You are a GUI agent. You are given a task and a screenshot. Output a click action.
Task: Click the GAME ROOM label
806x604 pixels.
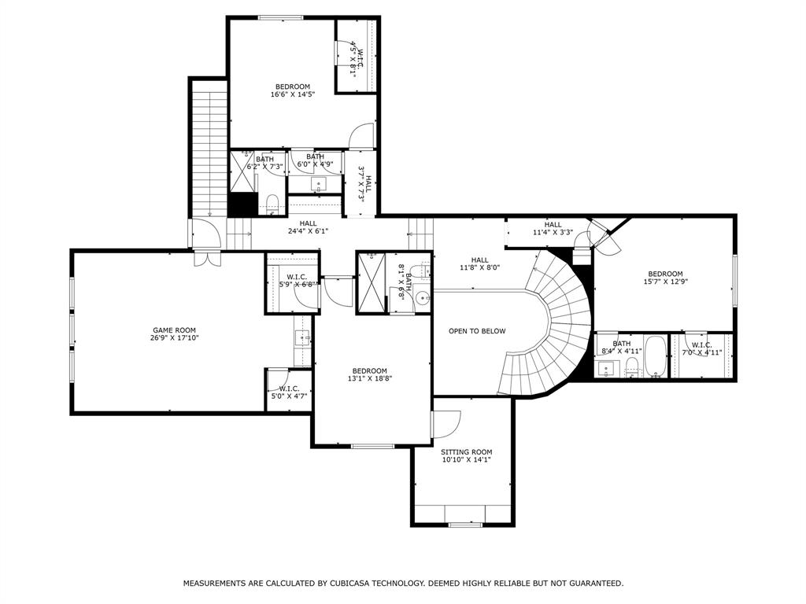tap(175, 334)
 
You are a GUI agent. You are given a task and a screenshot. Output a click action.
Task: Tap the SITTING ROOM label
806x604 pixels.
tap(466, 456)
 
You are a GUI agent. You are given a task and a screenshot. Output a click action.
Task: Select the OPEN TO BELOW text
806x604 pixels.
tap(477, 331)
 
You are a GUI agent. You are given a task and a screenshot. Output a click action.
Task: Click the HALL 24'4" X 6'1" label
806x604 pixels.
tap(308, 227)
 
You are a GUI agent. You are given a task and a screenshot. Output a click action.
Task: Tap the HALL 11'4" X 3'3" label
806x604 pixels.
tap(553, 229)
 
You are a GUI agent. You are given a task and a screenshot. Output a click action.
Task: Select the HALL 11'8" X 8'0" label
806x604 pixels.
tap(479, 264)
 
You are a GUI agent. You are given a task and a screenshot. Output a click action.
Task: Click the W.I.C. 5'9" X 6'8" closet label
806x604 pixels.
tap(297, 281)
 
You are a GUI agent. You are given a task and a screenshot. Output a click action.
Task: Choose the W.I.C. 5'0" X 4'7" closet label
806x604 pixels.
tap(289, 392)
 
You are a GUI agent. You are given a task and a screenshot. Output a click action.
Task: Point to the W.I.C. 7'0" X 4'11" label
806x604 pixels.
tap(701, 348)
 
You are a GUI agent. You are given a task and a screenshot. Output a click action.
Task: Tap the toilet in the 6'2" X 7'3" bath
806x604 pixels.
tap(272, 204)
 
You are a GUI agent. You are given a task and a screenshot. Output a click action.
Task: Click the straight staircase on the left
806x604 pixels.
tap(209, 149)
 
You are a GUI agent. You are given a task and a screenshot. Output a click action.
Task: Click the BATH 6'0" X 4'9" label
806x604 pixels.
tap(315, 160)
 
